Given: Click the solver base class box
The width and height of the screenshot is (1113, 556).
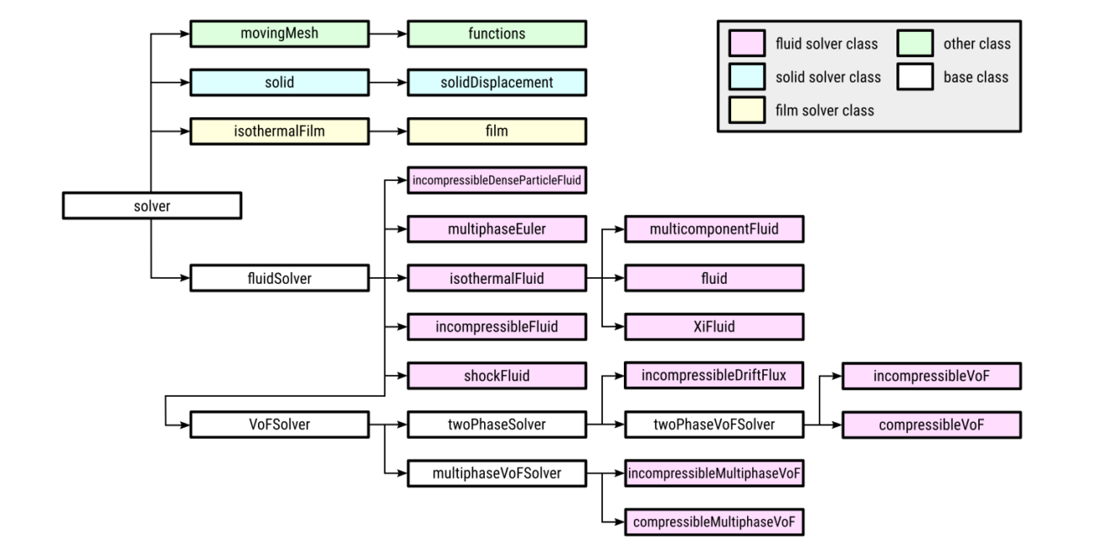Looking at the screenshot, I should click(152, 206).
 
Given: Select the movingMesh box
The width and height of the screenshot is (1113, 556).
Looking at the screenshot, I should click(279, 35).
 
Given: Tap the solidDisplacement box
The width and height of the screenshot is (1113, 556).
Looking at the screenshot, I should click(497, 83).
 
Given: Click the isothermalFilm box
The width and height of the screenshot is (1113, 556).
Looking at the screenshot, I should click(279, 131).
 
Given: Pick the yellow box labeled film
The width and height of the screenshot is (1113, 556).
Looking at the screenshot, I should click(497, 131).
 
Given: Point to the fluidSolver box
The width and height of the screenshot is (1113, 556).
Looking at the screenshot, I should click(279, 277).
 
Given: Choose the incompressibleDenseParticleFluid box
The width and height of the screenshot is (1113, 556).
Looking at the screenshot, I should click(497, 179).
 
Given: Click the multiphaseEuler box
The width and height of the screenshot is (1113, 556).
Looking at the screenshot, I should click(497, 228).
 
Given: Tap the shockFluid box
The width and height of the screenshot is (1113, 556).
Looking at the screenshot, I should click(497, 375).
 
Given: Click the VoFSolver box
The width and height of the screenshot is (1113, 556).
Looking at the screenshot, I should click(279, 424).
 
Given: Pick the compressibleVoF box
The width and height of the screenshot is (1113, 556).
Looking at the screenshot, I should click(933, 424).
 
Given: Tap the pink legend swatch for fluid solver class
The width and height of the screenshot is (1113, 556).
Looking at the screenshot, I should click(745, 44).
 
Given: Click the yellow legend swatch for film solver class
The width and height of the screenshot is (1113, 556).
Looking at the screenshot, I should click(745, 110).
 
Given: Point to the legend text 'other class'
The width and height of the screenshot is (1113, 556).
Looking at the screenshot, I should click(976, 44).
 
